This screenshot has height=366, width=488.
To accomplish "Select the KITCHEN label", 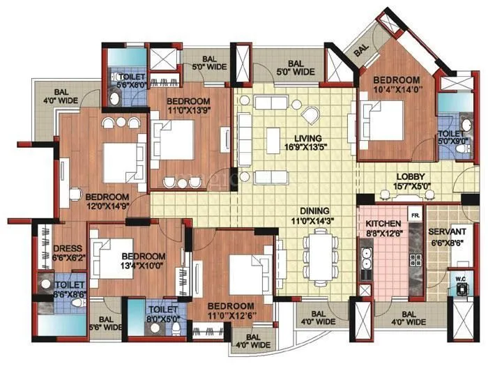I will (x=381, y=223).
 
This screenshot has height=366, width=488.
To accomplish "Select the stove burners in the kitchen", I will (x=415, y=259).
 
